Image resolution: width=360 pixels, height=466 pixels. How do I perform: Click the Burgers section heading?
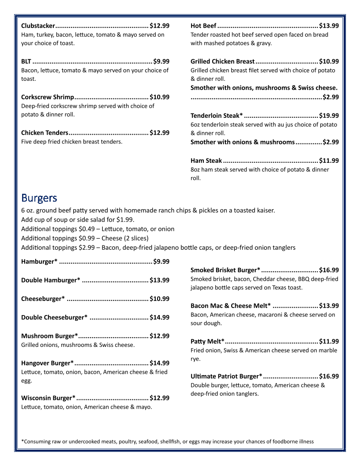[x=39, y=197]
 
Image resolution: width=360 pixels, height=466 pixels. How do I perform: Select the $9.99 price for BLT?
[x=161, y=61]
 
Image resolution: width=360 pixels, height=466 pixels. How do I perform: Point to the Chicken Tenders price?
[x=159, y=133]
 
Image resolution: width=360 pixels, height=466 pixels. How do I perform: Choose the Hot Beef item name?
[x=203, y=26]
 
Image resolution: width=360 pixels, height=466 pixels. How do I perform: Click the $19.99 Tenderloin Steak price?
[x=329, y=116]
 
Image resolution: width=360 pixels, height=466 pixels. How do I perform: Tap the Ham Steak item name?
[x=206, y=161]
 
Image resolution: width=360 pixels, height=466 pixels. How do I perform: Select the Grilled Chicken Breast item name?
[x=222, y=61]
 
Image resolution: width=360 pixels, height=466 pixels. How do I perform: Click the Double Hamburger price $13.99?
[x=159, y=280]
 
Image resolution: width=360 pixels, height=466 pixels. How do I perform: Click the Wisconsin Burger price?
[x=159, y=398]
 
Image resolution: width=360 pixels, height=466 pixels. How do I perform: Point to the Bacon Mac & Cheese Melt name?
[x=230, y=305]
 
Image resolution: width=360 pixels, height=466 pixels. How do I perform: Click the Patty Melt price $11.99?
[x=329, y=341]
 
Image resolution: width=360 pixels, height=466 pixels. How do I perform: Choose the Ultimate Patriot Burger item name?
[x=226, y=376]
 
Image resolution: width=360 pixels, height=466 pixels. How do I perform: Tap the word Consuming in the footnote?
[x=37, y=441]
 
